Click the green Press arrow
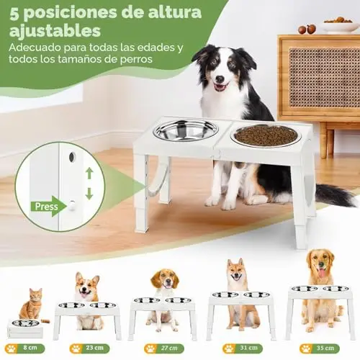pyautogui.click(x=49, y=206)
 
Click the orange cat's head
pyautogui.click(x=35, y=296)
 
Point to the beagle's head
pyautogui.click(x=165, y=279)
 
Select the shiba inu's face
pyautogui.click(x=235, y=271)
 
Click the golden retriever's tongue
pyautogui.click(x=322, y=273)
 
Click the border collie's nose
pyautogui.click(x=220, y=78)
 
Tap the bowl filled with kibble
pyautogui.click(x=266, y=135)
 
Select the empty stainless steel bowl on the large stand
pyautogui.click(x=186, y=130)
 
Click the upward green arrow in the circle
pyautogui.click(x=89, y=174)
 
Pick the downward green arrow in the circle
pyautogui.click(x=89, y=194)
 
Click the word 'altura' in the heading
pyautogui.click(x=174, y=12)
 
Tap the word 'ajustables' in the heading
pyautogui.click(x=55, y=31)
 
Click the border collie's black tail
pyautogui.click(x=336, y=194)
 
